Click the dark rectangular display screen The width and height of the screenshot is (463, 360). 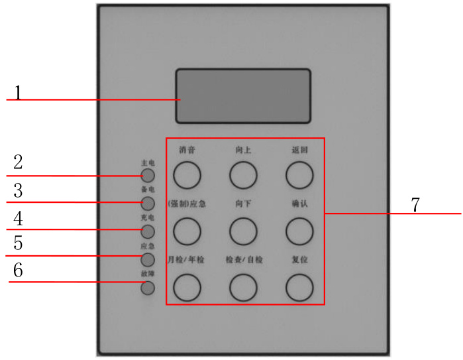pyautogui.click(x=243, y=96)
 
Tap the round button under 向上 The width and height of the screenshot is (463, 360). pyautogui.click(x=243, y=175)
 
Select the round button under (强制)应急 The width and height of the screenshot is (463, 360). pyautogui.click(x=187, y=231)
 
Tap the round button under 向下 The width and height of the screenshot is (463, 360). pyautogui.click(x=243, y=231)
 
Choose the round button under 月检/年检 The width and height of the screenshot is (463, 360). pyautogui.click(x=187, y=287)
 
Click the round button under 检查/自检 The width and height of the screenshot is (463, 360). pyautogui.click(x=243, y=287)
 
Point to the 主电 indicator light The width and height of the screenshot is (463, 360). pyautogui.click(x=148, y=175)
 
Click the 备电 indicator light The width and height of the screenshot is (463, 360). pyautogui.click(x=148, y=203)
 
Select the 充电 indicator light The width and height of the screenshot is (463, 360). pyautogui.click(x=148, y=231)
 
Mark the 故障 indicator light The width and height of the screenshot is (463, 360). pyautogui.click(x=148, y=288)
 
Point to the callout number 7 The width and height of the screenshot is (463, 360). pyautogui.click(x=415, y=205)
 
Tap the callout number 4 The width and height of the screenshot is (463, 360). pyautogui.click(x=19, y=217)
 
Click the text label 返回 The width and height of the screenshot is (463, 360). pyautogui.click(x=299, y=150)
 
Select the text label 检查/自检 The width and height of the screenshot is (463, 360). pyautogui.click(x=243, y=260)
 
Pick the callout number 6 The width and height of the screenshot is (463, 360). pyautogui.click(x=19, y=270)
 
